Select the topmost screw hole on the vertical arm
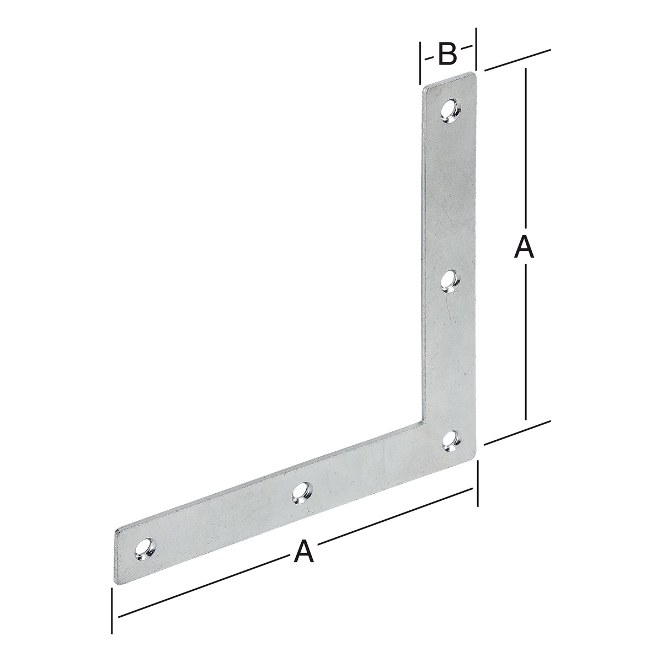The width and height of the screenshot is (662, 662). [451, 111]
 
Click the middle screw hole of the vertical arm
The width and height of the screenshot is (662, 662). [451, 281]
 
